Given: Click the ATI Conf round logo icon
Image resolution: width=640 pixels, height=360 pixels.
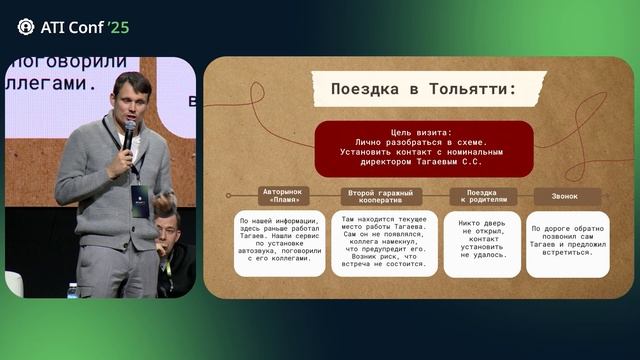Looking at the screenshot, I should click(26, 26).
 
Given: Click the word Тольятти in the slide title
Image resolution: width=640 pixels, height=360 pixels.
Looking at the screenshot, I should click(465, 90).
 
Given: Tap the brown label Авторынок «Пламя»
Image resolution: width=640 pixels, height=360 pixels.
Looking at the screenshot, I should click(283, 196).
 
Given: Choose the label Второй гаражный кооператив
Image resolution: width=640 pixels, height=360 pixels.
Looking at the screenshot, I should click(381, 196).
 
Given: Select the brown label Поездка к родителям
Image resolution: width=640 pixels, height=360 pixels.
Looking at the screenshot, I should click(483, 196).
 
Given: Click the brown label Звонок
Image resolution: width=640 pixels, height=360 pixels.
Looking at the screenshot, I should click(566, 196).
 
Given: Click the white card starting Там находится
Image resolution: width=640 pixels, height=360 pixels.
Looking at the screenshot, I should click(384, 243).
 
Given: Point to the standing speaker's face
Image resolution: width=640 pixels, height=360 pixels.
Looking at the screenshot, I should click(130, 100).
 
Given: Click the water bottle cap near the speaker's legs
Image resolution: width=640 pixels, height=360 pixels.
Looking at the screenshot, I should click(73, 287).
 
